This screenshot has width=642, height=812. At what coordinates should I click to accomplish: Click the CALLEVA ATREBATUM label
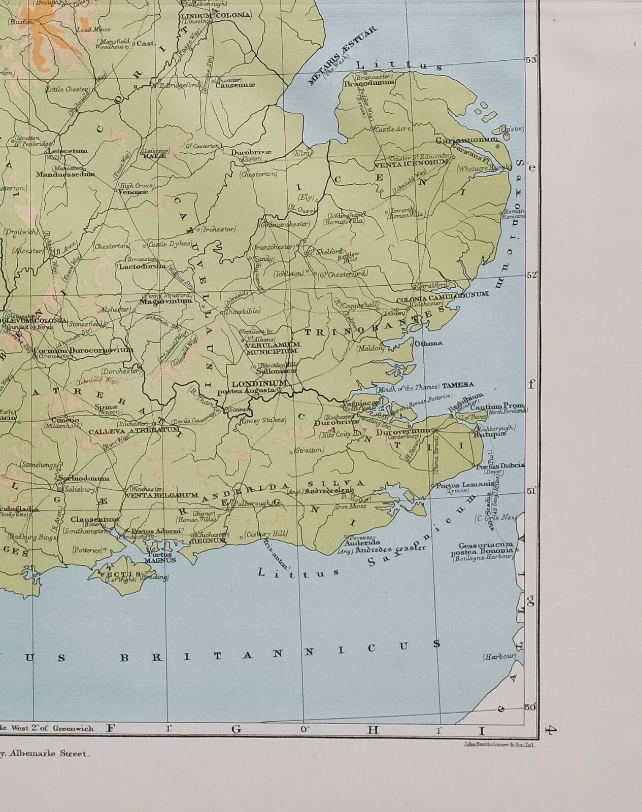(134, 432)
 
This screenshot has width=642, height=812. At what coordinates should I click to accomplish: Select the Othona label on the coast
(428, 344)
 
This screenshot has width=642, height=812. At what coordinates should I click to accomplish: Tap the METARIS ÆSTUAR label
(342, 56)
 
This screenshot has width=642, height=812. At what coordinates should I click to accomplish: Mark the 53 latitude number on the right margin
(530, 60)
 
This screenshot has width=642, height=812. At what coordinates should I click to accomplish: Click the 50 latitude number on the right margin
(530, 707)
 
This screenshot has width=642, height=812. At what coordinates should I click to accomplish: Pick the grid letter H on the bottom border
(373, 730)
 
